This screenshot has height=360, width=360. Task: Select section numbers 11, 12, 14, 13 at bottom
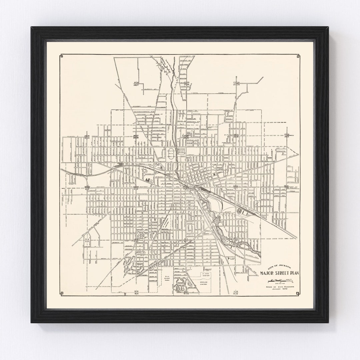(x=236, y=293)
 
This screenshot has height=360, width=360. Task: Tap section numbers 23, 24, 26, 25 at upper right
(x=236, y=83)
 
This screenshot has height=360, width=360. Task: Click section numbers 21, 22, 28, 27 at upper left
(x=136, y=83)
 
